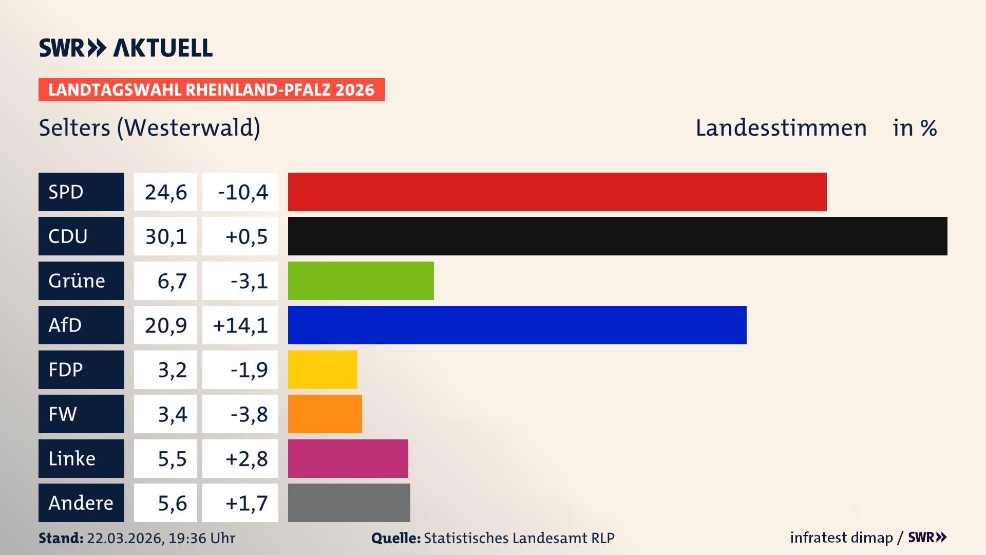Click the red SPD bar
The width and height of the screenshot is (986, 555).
point(557,192)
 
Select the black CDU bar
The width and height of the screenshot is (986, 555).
point(617,236)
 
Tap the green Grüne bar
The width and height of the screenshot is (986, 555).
point(361,281)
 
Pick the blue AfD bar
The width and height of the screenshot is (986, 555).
point(517,325)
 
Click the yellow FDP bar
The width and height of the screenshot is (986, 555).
point(323,369)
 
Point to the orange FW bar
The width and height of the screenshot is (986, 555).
point(325,414)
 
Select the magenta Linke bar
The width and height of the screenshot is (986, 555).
point(348,458)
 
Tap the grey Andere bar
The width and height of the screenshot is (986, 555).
point(349,503)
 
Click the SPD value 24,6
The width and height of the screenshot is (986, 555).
point(165,192)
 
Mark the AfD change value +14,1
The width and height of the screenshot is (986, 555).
point(240,325)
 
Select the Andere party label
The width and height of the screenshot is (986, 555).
point(81,503)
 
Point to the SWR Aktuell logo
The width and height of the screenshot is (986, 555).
point(125,48)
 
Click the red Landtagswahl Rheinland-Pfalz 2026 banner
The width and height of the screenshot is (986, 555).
point(212,90)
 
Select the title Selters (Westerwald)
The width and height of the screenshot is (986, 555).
point(149,128)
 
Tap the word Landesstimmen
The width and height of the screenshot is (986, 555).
point(781,128)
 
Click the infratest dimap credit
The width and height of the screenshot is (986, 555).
point(841,538)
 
